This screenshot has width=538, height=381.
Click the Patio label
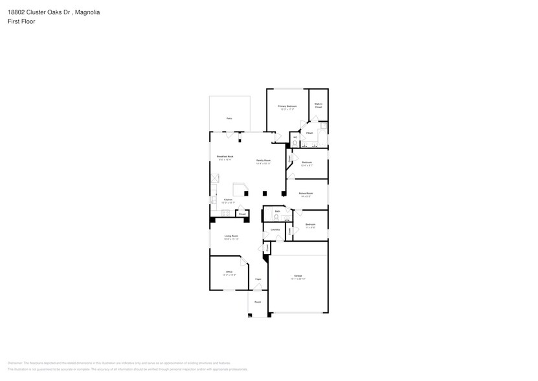tap(229, 119)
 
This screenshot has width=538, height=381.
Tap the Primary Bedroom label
tap(287, 106)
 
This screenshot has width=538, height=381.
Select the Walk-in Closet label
tap(319, 104)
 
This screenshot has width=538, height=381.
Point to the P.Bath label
tap(310, 133)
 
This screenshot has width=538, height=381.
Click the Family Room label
tap(263, 160)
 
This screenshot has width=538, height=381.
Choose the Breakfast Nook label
tap(225, 157)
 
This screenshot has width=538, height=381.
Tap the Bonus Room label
tap(306, 193)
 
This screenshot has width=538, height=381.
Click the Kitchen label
tap(228, 200)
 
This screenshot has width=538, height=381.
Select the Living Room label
tap(232, 237)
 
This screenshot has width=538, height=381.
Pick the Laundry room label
tap(275, 229)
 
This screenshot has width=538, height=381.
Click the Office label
tap(229, 271)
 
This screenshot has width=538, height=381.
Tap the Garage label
tap(298, 276)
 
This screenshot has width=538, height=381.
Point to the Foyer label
tap(258, 279)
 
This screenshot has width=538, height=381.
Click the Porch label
tap(257, 302)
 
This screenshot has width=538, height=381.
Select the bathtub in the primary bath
tap(322, 139)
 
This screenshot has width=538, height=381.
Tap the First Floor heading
tap(22, 21)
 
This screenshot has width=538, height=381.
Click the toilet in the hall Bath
tap(276, 217)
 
